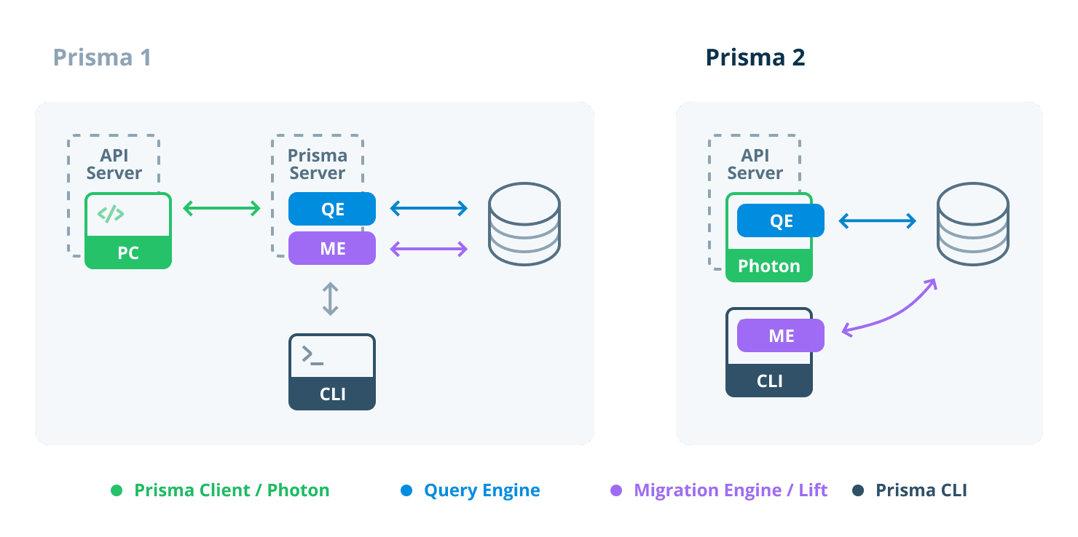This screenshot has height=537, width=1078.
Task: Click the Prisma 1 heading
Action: tap(102, 57)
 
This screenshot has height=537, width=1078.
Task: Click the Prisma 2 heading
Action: tap(755, 57)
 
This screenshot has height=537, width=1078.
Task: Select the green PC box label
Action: tap(128, 253)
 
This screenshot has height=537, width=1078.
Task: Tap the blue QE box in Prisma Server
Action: tap(332, 210)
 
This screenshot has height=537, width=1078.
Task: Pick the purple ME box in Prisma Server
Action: tap(332, 249)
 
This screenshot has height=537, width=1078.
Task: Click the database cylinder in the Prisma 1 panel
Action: tap(524, 223)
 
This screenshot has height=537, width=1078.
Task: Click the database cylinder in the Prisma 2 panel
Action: tap(972, 223)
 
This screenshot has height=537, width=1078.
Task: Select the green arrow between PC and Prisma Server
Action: tap(221, 209)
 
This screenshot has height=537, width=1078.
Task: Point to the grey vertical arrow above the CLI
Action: tap(331, 299)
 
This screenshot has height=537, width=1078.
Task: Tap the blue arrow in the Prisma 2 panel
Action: tap(877, 221)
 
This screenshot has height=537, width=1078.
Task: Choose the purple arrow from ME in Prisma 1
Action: tap(428, 250)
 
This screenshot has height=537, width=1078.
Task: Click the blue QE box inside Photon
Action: tap(781, 221)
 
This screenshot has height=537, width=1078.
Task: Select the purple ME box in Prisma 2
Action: tap(781, 336)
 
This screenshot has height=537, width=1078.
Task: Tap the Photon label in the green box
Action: tap(769, 266)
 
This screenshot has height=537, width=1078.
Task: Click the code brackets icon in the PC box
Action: tap(111, 214)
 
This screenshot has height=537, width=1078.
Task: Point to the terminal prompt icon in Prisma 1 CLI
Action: tap(312, 356)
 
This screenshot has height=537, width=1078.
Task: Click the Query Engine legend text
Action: tap(481, 490)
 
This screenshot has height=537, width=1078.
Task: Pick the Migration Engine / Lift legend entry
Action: tap(730, 490)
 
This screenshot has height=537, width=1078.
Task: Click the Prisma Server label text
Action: tap(318, 164)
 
